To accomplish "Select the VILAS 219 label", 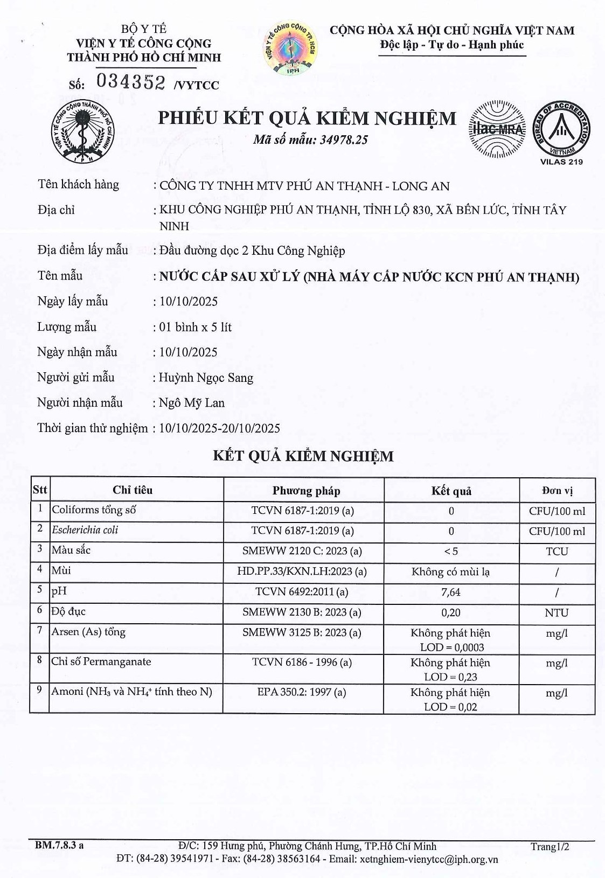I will [x=561, y=162].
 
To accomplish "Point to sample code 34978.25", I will [x=344, y=140].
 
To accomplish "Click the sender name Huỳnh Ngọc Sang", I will [x=206, y=378].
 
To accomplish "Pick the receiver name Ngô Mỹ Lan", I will [x=192, y=403].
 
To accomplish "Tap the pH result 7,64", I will [x=451, y=593].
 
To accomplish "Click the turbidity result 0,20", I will [x=451, y=613].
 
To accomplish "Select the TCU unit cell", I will [x=557, y=552].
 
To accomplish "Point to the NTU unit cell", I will [x=557, y=613].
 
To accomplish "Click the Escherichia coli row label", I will [x=85, y=530].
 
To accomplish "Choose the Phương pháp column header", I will [x=306, y=491].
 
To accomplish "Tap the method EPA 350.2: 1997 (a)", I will [x=302, y=692].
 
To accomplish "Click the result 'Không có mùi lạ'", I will [x=451, y=572].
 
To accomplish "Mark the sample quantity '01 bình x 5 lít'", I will [x=196, y=327].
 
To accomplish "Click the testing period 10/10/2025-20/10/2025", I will [x=220, y=428].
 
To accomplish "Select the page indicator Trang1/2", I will [x=550, y=846].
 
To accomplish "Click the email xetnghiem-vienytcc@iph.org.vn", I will [x=429, y=859].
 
